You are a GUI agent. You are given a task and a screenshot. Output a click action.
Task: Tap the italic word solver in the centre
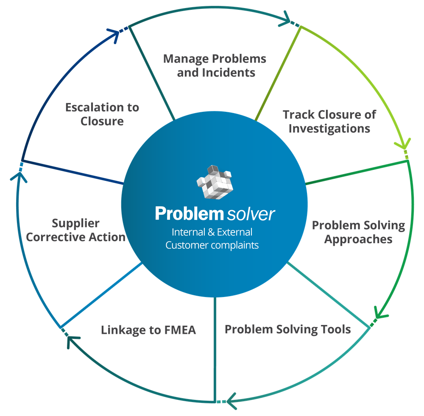(251, 214)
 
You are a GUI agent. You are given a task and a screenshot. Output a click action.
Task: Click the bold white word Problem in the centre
(189, 213)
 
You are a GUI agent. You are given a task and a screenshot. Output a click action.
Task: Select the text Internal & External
(212, 232)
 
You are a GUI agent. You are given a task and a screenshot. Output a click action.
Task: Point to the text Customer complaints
(212, 245)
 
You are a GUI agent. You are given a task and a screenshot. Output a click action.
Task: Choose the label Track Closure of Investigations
(329, 121)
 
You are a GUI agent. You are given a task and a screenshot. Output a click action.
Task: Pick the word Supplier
(75, 223)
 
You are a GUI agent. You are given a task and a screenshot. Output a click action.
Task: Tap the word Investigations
(329, 128)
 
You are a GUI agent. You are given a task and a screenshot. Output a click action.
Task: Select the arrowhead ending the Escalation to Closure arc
(116, 33)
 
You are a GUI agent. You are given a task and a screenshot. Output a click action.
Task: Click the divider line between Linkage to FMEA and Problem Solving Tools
(215, 347)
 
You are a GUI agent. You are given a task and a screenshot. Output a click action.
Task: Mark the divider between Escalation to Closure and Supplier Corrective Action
(72, 172)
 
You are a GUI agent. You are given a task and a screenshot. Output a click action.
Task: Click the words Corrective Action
(75, 237)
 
